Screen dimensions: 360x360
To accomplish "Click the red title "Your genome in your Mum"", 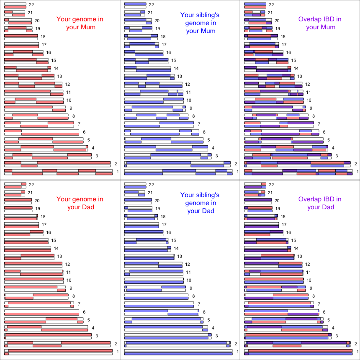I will coord(80,23).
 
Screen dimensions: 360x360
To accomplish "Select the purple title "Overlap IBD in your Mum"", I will coord(320,23).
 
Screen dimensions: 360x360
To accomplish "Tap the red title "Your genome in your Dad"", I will coord(80,203).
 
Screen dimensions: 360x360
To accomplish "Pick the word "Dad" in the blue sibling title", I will coord(206,211).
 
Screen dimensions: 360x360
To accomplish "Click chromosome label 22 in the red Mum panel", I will coord(31,5).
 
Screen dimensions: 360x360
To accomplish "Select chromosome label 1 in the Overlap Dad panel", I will coord(357,352).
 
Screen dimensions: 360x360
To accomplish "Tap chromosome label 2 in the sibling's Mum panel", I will coord(236,164).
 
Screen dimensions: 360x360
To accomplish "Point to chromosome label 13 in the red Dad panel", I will coord(59,256).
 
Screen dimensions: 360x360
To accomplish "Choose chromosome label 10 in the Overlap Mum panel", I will coord(309,100).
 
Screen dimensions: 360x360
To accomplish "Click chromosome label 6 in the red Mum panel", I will coord(84,132).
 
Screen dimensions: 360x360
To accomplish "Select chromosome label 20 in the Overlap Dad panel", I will coord(277,201).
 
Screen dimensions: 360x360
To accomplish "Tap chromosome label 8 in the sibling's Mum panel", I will coord(193,116).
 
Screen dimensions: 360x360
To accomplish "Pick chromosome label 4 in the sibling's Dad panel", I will coord(213,328).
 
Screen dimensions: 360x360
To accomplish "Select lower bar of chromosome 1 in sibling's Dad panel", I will coord(178,354).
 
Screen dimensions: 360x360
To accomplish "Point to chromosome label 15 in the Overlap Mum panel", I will coord(293,60).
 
